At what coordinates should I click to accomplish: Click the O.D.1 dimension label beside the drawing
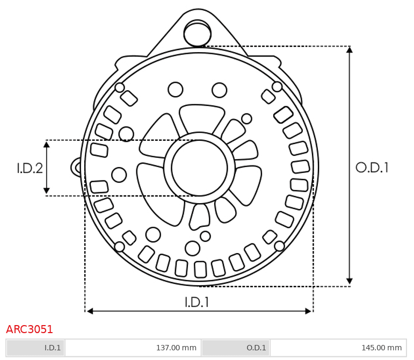(x=372, y=168)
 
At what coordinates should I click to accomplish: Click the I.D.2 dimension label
(x=30, y=168)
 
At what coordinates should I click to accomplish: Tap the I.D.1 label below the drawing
(x=197, y=302)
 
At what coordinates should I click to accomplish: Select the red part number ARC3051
(x=30, y=329)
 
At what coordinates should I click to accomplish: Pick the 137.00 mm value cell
(x=133, y=348)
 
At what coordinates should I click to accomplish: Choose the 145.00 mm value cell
(x=338, y=348)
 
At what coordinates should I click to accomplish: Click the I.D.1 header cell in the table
(x=35, y=348)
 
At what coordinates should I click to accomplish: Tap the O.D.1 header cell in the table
(x=236, y=348)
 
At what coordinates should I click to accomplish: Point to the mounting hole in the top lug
(x=198, y=33)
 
